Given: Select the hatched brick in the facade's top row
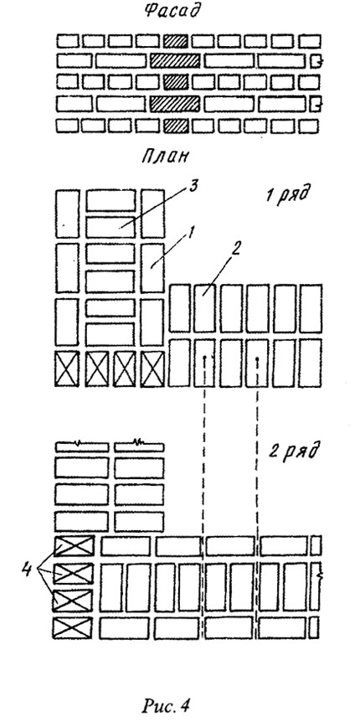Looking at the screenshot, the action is point(176,40).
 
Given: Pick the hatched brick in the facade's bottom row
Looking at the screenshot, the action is point(176,126).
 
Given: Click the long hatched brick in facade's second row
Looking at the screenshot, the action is point(175,60).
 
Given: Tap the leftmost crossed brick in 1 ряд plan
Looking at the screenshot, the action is point(67,369).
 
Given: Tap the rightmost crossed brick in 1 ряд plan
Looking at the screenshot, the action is point(152,369).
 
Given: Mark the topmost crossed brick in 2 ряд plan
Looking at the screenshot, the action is point(75,545).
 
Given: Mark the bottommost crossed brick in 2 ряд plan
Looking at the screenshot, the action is point(73,628).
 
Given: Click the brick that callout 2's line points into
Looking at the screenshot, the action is point(205,307).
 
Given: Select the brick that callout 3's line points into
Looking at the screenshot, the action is point(111,226).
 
